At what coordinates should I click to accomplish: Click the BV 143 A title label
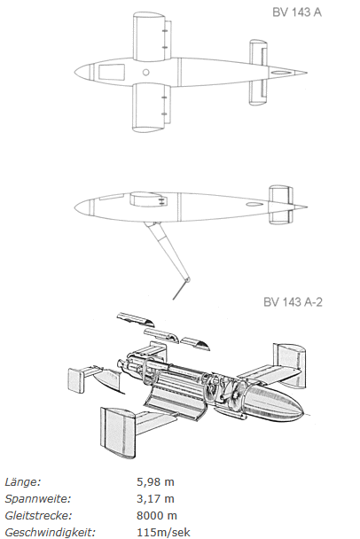(x=297, y=12)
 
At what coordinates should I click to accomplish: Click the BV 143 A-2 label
(x=293, y=301)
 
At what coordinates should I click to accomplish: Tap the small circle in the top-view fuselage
(x=145, y=72)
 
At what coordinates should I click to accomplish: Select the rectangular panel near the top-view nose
(x=112, y=72)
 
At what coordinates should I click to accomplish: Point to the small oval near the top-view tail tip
(x=278, y=73)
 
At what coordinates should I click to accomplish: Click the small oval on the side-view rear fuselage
(x=254, y=205)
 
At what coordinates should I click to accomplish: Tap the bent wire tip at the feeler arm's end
(x=179, y=290)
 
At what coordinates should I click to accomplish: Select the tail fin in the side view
(x=281, y=205)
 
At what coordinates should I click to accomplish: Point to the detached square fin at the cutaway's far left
(x=76, y=380)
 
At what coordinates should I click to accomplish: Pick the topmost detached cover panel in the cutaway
(x=136, y=319)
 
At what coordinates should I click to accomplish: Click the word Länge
(x=23, y=482)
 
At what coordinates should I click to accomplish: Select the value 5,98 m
(x=155, y=482)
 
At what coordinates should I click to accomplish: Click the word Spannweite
(x=38, y=499)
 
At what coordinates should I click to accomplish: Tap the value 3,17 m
(x=155, y=499)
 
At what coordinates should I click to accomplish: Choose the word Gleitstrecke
(x=38, y=516)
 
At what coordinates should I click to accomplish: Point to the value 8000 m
(x=157, y=516)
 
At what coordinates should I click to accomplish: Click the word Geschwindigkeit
(x=50, y=533)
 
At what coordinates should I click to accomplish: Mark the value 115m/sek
(x=163, y=533)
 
